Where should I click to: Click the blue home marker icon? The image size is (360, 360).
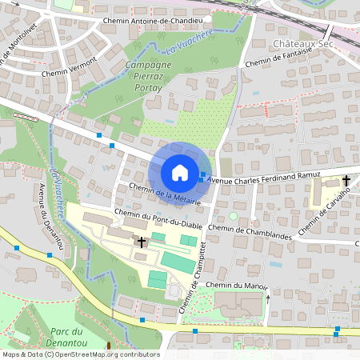(x=179, y=172)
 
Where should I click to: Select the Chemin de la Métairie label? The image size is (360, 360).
(x=165, y=192)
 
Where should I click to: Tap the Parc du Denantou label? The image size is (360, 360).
(x=66, y=337)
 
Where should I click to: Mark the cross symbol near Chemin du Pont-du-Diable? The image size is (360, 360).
(x=142, y=242)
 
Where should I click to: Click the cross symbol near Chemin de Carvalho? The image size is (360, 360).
(x=346, y=181)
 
